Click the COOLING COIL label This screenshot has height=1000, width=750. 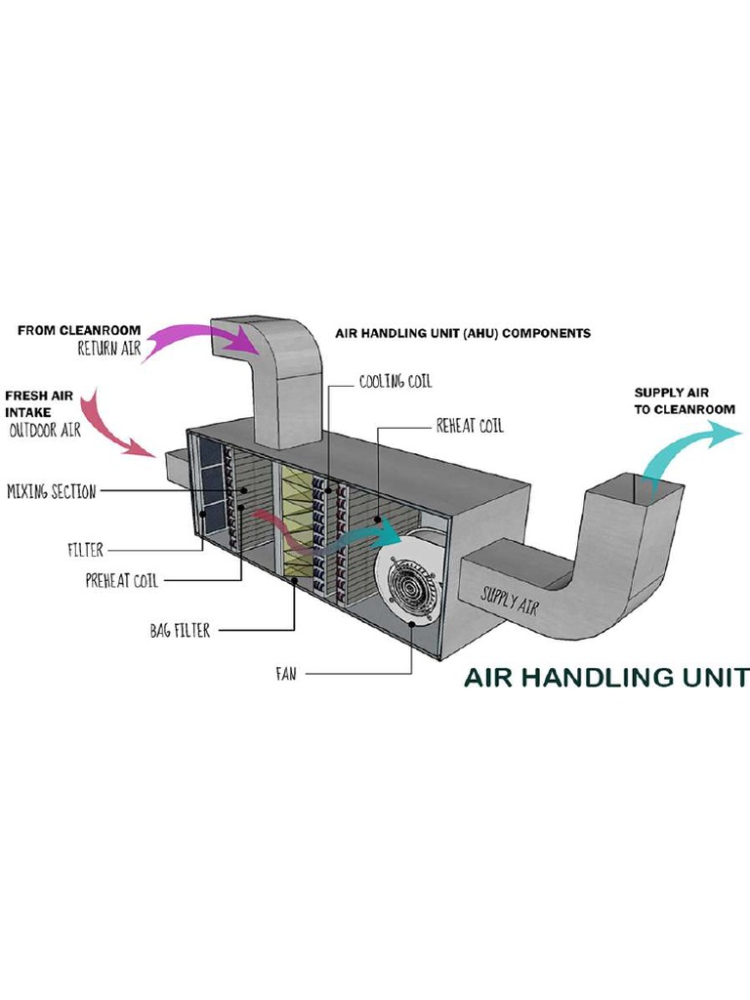tap(395, 381)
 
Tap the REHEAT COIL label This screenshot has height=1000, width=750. tap(470, 426)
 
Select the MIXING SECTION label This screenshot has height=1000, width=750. tap(51, 491)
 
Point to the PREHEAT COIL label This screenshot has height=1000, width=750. tap(121, 580)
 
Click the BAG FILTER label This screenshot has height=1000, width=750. tap(179, 631)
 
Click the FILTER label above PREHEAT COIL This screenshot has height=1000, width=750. tap(85, 550)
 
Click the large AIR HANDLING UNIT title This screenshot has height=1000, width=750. tap(605, 677)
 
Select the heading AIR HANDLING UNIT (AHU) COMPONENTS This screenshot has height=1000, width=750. tap(462, 333)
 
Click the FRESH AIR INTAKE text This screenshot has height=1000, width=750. tap(40, 404)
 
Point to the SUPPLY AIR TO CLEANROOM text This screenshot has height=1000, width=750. tap(684, 401)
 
